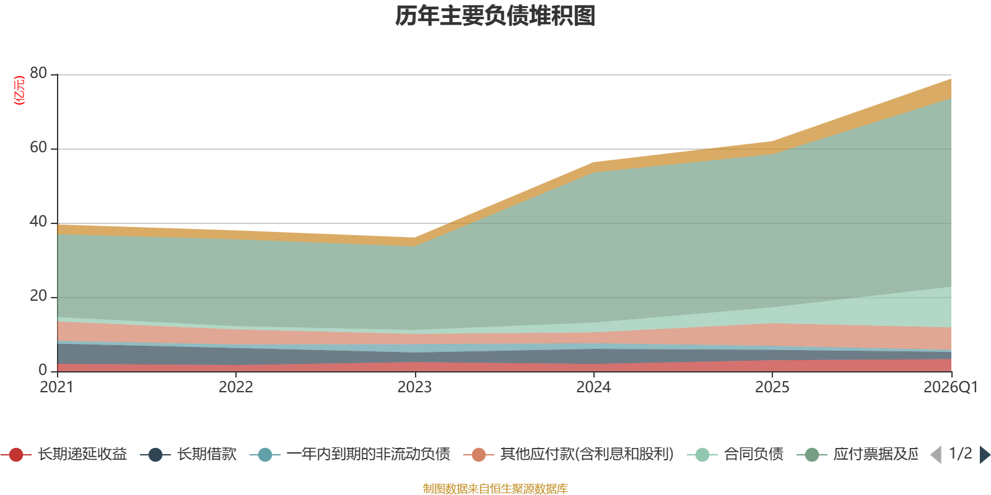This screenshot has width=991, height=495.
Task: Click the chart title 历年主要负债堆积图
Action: (495, 16)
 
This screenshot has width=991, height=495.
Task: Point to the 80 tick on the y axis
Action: (38, 73)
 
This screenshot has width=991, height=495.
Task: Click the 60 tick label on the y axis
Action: (38, 147)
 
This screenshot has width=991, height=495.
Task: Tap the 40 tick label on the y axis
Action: (38, 222)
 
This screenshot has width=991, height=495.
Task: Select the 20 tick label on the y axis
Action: (38, 296)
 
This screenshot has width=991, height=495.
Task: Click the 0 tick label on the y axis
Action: (43, 370)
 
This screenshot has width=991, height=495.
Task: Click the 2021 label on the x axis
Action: (56, 387)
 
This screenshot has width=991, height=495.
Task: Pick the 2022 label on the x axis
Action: (236, 387)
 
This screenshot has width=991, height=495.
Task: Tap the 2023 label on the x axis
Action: (414, 387)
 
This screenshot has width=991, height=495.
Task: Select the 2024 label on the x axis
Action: (593, 387)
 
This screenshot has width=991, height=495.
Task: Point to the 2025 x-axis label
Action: (772, 387)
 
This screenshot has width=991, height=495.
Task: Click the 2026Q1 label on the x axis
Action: (951, 387)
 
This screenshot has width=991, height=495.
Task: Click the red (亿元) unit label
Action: (19, 90)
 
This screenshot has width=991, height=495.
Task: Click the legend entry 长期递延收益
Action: (64, 454)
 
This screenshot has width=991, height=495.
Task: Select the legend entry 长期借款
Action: (188, 454)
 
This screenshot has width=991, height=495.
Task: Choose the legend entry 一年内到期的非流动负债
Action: (350, 454)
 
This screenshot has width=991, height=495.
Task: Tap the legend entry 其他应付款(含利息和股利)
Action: (569, 454)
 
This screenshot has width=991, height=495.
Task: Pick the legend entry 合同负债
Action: (735, 454)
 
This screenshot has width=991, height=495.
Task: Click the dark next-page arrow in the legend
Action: (985, 454)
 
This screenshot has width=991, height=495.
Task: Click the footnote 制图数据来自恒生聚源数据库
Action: (495, 488)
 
